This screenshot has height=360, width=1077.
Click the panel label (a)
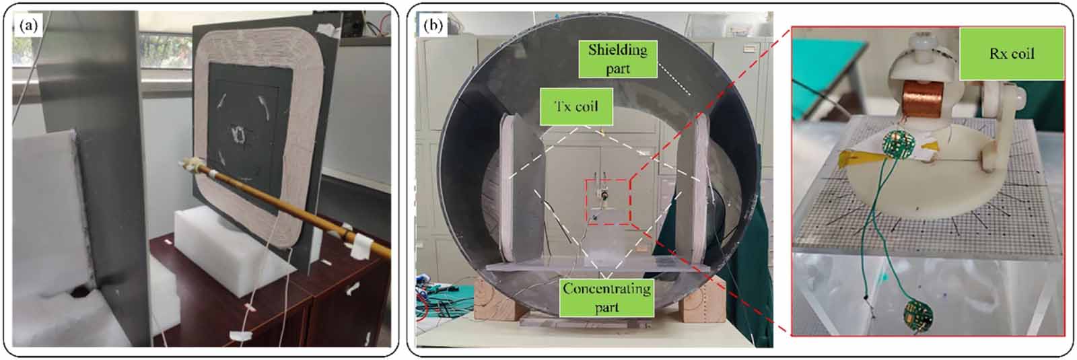[x=28, y=26]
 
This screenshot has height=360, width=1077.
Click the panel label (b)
[x=431, y=26]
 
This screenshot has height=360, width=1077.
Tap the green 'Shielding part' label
[x=617, y=59]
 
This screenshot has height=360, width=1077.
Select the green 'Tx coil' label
[x=577, y=107]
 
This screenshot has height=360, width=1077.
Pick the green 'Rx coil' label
[x=1011, y=54]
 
